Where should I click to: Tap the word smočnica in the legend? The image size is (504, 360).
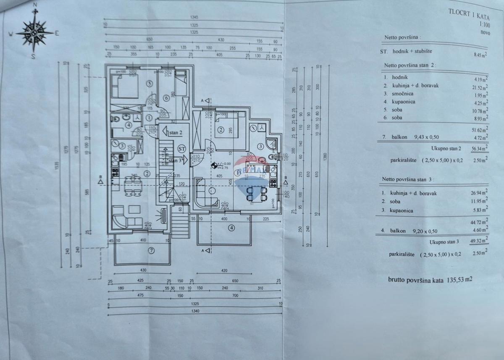point(404,93)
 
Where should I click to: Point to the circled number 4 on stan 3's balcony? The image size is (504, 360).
point(231,229)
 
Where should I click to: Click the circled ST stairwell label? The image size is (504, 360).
point(181,149)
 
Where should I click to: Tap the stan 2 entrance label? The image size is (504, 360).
point(175,133)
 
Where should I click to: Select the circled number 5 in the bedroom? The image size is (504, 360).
point(150,83)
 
